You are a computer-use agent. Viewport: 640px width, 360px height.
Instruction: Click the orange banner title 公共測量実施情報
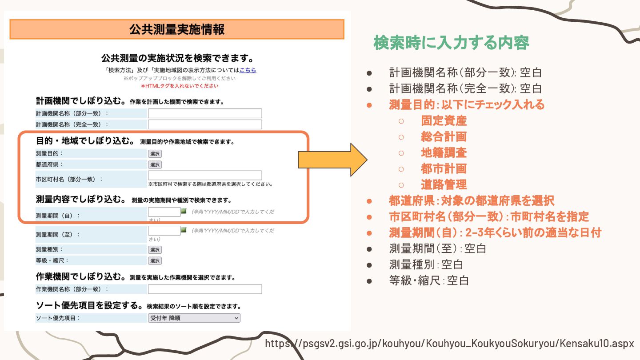pos(177,29)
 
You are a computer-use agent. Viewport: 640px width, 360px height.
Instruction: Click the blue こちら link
pos(248,70)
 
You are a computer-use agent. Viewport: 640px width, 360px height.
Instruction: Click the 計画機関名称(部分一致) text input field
pos(205,113)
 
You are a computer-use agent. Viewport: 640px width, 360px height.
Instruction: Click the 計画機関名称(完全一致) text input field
pos(205,124)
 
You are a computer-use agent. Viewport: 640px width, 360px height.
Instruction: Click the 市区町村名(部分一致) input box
pos(205,176)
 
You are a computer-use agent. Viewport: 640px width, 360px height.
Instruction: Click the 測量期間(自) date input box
pos(164,212)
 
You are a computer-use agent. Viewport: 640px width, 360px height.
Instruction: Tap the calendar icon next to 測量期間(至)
pos(184,230)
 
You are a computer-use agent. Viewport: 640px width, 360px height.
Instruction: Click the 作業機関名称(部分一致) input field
pos(205,289)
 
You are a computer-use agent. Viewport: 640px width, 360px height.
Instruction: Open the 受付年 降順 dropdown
pos(194,318)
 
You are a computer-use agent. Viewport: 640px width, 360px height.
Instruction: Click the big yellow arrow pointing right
pos(332,160)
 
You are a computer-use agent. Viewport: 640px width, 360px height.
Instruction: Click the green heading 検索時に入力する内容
pos(451,43)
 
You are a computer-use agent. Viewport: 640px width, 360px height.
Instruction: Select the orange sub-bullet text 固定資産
pos(444,121)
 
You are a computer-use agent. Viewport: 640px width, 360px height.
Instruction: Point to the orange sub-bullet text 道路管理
pos(444,184)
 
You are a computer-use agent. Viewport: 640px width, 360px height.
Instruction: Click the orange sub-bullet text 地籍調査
pos(444,153)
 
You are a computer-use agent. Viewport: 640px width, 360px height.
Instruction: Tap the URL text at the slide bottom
pos(449,344)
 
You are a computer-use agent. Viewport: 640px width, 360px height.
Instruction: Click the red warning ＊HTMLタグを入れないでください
pos(180,86)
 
